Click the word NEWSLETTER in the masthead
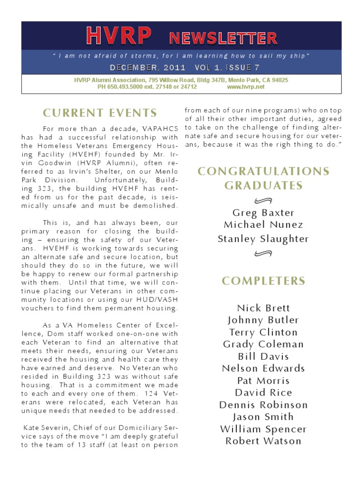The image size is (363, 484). [x=223, y=38]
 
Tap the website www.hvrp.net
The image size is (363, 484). [x=246, y=87]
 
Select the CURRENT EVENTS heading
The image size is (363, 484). [x=100, y=113]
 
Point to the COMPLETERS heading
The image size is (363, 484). [x=264, y=281]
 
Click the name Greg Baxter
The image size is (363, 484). [x=263, y=213]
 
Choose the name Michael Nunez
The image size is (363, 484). [x=263, y=225]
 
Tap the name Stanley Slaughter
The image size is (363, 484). [x=263, y=239]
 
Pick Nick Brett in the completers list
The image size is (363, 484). [x=263, y=308]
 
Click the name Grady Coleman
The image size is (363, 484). [x=263, y=345]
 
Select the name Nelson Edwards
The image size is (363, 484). [x=263, y=369]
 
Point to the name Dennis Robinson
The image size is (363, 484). [x=263, y=405]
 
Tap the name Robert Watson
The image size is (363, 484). [x=263, y=441]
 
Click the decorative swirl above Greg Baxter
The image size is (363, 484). [x=263, y=199]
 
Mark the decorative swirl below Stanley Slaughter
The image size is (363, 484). [x=263, y=254]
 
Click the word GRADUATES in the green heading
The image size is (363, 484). [x=263, y=186]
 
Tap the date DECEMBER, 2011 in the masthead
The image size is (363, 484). [x=147, y=68]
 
